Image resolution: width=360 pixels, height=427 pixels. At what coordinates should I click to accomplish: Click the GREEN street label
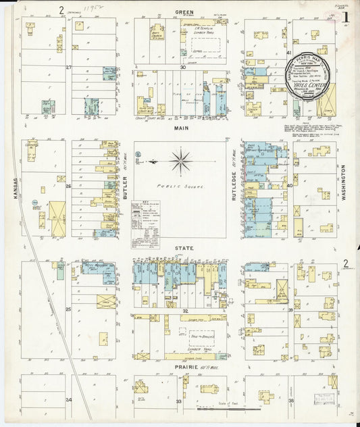184,12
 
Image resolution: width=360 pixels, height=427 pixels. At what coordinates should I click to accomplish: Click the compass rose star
180,162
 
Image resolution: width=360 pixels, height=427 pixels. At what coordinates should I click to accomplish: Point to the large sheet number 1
345,16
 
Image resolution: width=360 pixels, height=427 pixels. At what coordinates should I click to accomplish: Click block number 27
69,68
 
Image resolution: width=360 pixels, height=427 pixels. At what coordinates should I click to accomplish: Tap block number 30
182,68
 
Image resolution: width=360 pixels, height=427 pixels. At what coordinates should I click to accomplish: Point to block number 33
179,401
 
